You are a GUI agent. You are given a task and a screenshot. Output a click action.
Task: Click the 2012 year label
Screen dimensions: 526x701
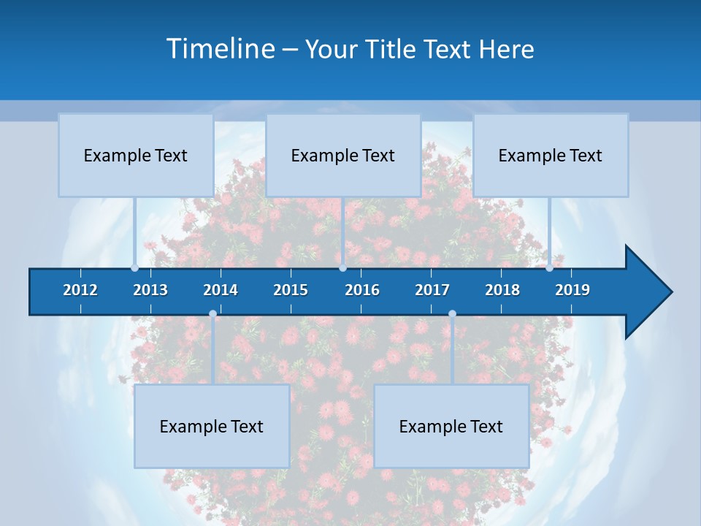tap(80, 290)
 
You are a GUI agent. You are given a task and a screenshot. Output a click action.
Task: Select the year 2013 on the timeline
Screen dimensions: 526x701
tap(150, 290)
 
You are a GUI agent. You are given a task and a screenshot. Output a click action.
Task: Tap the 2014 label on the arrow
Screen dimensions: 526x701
tap(221, 290)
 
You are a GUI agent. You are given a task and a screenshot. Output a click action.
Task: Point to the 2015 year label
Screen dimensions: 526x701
tap(291, 290)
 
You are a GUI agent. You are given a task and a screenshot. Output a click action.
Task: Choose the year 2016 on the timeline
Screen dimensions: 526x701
tap(362, 290)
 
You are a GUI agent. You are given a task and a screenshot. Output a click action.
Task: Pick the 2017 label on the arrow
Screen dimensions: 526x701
tap(432, 290)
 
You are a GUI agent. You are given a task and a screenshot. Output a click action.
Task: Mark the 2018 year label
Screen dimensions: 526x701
tap(502, 290)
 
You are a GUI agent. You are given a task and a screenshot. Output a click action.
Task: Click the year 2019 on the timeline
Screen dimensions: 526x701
tap(572, 290)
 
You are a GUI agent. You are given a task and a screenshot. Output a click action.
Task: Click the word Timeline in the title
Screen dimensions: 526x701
tap(220, 49)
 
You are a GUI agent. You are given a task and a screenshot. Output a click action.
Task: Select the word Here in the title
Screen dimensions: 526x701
tap(506, 50)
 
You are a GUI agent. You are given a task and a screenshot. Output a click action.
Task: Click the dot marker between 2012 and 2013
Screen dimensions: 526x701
tap(135, 268)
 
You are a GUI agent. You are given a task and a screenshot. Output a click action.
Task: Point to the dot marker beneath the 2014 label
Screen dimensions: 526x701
tap(212, 314)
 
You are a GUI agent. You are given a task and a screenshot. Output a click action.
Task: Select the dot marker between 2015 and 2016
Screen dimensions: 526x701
tap(342, 268)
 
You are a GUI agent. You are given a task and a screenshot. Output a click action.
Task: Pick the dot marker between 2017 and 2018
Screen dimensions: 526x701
tap(452, 314)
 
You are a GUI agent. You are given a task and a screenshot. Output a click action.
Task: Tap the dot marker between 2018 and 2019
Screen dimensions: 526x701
tap(550, 268)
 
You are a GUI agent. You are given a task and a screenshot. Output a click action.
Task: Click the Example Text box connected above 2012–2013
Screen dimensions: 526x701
tap(136, 156)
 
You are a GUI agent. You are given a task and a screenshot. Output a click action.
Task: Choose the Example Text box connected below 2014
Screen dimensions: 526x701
tap(212, 427)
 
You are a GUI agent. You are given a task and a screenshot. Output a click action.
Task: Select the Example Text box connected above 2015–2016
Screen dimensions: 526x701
tap(343, 156)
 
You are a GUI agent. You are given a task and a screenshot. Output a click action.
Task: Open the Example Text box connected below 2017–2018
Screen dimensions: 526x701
tap(451, 427)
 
